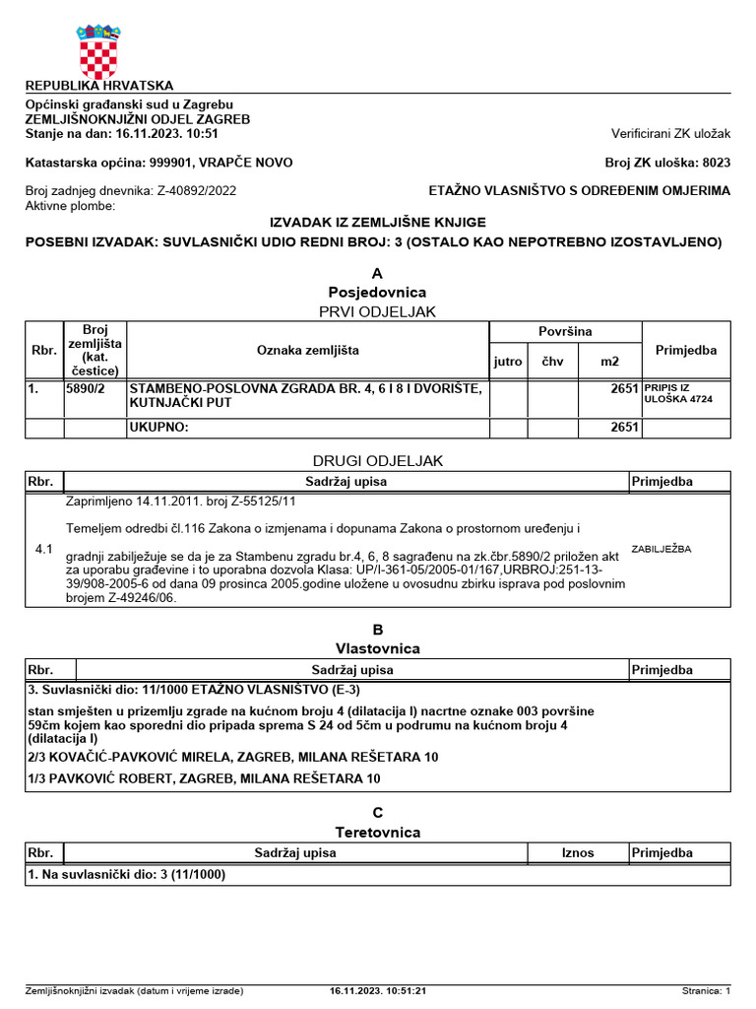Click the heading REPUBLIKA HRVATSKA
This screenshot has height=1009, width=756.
coord(98,86)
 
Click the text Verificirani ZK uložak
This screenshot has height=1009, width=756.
coord(670,133)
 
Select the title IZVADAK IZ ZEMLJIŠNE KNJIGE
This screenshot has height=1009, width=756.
coord(377,223)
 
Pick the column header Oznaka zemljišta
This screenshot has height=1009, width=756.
coord(308,350)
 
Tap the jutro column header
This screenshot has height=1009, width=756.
coord(508,362)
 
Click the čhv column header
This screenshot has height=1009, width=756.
coord(553,362)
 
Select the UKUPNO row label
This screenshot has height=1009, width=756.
coord(158,428)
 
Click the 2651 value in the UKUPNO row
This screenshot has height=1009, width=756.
coord(624,428)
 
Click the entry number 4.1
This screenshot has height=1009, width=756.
coord(43,549)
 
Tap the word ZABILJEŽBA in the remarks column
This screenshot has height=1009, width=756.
coord(661,549)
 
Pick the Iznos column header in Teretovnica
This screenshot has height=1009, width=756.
coord(578,852)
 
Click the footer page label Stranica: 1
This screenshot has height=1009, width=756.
coord(706,990)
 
